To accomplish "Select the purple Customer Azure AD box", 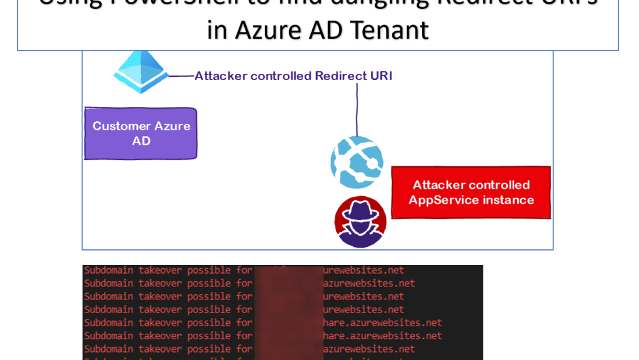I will pyautogui.click(x=141, y=133).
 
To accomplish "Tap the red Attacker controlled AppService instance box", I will pyautogui.click(x=471, y=192).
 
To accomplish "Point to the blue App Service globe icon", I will pyautogui.click(x=357, y=162).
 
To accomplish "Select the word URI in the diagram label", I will pyautogui.click(x=381, y=76).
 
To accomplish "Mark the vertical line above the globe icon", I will pyautogui.click(x=357, y=109).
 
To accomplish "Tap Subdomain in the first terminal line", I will pyautogui.click(x=109, y=271).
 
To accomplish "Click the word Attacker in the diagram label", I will pyautogui.click(x=220, y=76).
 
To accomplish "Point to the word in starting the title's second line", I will pyautogui.click(x=217, y=29).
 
